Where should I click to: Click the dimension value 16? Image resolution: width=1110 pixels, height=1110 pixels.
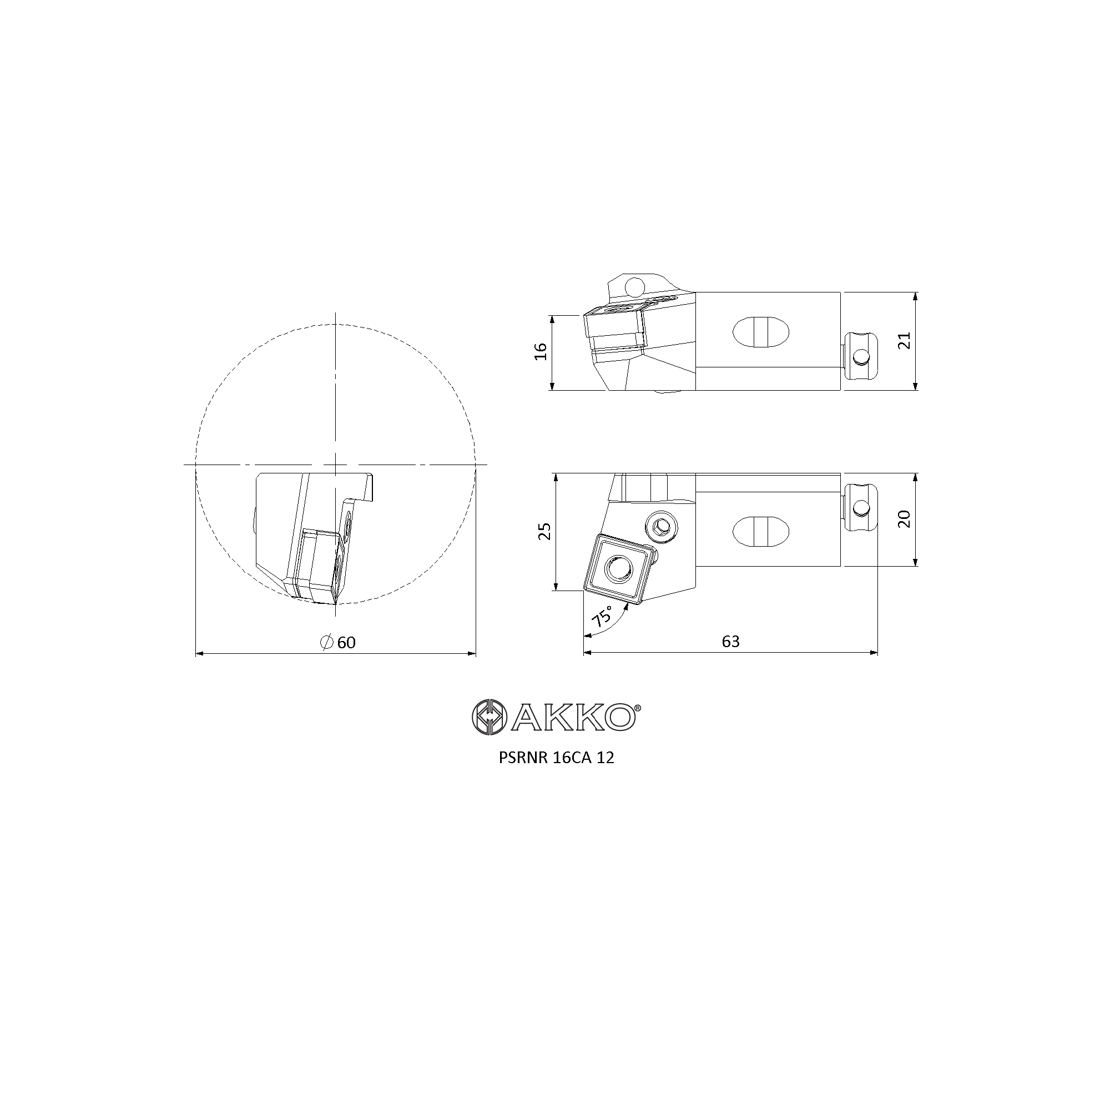click(x=541, y=352)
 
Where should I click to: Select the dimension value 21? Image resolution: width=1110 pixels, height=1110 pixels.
click(x=905, y=341)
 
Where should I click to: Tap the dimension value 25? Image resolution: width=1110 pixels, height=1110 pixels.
click(x=545, y=531)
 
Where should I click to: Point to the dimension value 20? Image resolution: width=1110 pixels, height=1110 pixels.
click(x=905, y=519)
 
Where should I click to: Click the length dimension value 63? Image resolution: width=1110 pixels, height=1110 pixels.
click(x=731, y=642)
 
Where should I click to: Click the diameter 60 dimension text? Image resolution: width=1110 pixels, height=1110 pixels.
click(x=339, y=642)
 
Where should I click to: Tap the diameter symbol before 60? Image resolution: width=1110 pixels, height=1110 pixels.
click(x=327, y=642)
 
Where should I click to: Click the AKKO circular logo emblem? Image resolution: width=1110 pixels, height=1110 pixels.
click(x=488, y=717)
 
